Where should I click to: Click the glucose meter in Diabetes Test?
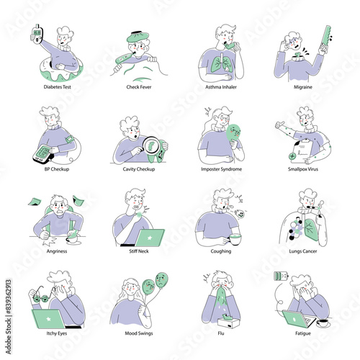click(37, 34)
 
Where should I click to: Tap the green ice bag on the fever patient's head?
click(138, 37)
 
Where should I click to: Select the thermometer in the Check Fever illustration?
click(123, 58)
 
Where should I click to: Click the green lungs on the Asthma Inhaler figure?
click(221, 63)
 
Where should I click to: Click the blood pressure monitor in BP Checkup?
click(42, 153)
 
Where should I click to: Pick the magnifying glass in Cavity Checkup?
click(150, 145)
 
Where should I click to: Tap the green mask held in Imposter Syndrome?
click(234, 133)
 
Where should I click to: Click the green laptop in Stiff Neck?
click(149, 238)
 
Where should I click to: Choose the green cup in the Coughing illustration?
click(235, 239)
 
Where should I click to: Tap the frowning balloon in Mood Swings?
click(161, 280)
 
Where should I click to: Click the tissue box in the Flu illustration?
click(228, 322)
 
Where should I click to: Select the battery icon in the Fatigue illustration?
click(281, 276)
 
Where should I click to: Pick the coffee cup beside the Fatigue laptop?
click(323, 323)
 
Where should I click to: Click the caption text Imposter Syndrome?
click(221, 169)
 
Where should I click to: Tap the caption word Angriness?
click(57, 251)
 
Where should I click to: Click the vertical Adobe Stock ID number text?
click(9, 296)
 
